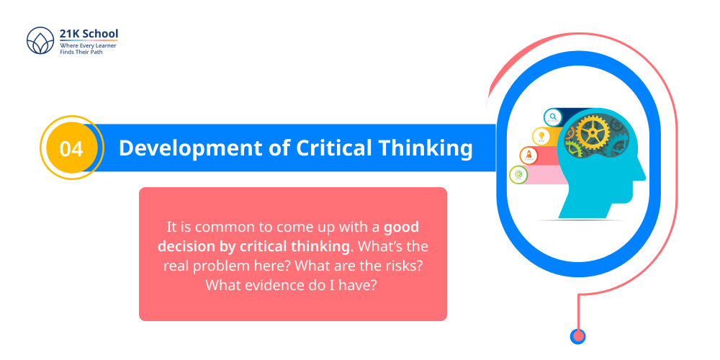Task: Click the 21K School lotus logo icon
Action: tap(40, 41)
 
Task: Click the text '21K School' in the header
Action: tap(89, 33)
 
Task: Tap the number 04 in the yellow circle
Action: tap(71, 148)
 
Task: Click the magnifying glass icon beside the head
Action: tap(553, 117)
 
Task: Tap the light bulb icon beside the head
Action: tap(541, 135)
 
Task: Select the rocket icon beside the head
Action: tap(529, 155)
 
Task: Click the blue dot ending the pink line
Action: tap(577, 336)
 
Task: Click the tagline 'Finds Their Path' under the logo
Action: tap(81, 53)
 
